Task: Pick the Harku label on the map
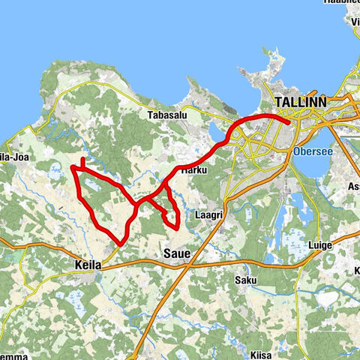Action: (x=193, y=170)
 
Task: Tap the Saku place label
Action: (x=246, y=280)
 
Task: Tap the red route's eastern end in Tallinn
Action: (x=289, y=120)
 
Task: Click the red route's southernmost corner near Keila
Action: (x=120, y=244)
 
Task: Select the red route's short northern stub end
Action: (x=82, y=159)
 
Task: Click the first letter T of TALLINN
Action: (x=280, y=101)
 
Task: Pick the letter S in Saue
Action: (x=167, y=255)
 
